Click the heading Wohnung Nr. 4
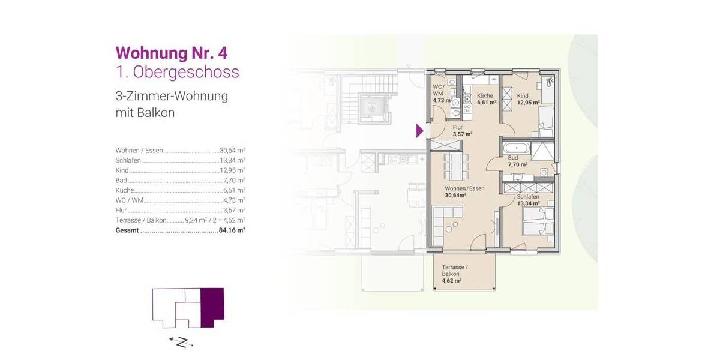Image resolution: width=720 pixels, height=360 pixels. pyautogui.click(x=171, y=52)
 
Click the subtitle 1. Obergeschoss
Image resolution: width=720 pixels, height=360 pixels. pyautogui.click(x=177, y=73)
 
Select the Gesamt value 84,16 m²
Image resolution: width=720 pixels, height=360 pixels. pyautogui.click(x=232, y=229)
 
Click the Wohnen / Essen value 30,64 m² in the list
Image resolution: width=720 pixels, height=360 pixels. pyautogui.click(x=232, y=151)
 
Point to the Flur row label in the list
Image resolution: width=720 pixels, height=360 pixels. pyautogui.click(x=121, y=210)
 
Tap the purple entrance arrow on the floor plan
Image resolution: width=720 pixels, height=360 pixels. pyautogui.click(x=420, y=130)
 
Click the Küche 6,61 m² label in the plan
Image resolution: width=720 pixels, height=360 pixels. pyautogui.click(x=486, y=99)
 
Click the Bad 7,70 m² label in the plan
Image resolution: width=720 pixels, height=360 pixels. pyautogui.click(x=517, y=161)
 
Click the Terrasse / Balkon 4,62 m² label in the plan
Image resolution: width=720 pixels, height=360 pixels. pyautogui.click(x=454, y=274)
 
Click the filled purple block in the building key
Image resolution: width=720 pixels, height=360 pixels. pyautogui.click(x=212, y=307)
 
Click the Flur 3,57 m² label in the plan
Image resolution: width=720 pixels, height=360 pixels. pyautogui.click(x=462, y=131)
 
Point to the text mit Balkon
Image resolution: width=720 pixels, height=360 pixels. pyautogui.click(x=145, y=112)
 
